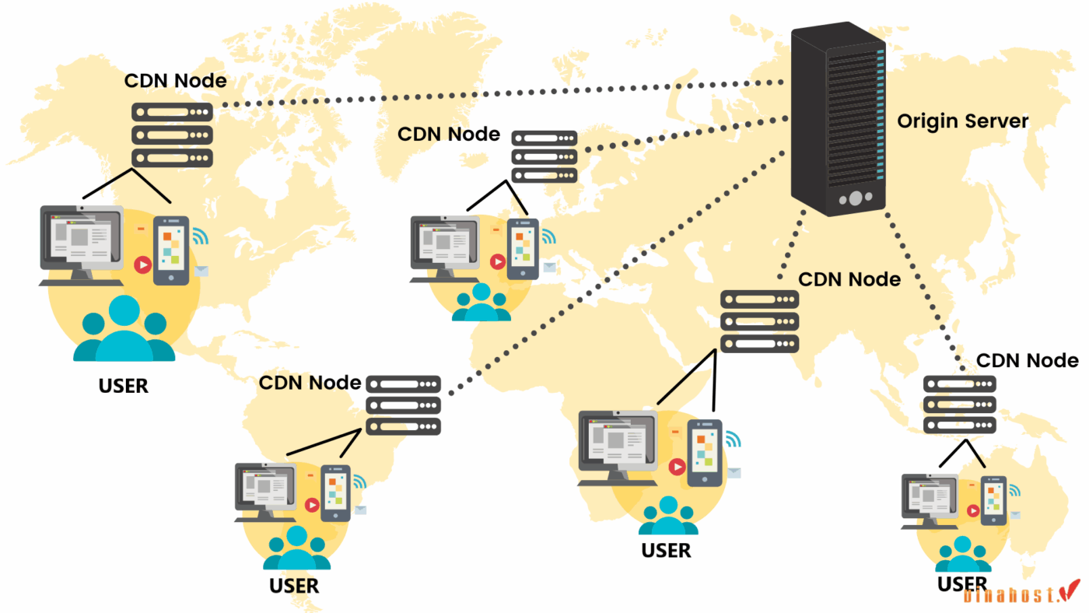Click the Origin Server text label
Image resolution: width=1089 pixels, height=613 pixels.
click(x=962, y=121)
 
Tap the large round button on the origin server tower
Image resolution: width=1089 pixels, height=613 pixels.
click(x=855, y=198)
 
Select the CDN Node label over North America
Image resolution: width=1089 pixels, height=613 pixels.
click(x=176, y=80)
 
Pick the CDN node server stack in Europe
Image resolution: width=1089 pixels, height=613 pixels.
click(x=544, y=156)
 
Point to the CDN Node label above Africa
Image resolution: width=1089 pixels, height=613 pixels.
click(x=849, y=278)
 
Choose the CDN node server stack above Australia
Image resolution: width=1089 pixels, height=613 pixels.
click(x=960, y=405)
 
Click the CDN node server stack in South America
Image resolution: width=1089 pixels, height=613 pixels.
click(x=403, y=405)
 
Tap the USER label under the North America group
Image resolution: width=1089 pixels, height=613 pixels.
click(x=124, y=385)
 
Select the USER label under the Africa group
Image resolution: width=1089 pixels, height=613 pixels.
click(x=666, y=550)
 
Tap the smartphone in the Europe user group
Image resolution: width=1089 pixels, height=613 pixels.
click(x=523, y=248)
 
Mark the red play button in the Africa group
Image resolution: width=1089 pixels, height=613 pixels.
click(x=678, y=466)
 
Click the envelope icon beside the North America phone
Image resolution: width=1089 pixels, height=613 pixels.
click(x=202, y=271)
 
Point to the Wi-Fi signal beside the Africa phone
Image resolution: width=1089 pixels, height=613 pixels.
click(x=732, y=440)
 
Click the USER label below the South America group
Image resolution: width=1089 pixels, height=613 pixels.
click(x=294, y=585)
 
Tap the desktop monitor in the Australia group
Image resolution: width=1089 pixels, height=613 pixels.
click(x=929, y=499)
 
